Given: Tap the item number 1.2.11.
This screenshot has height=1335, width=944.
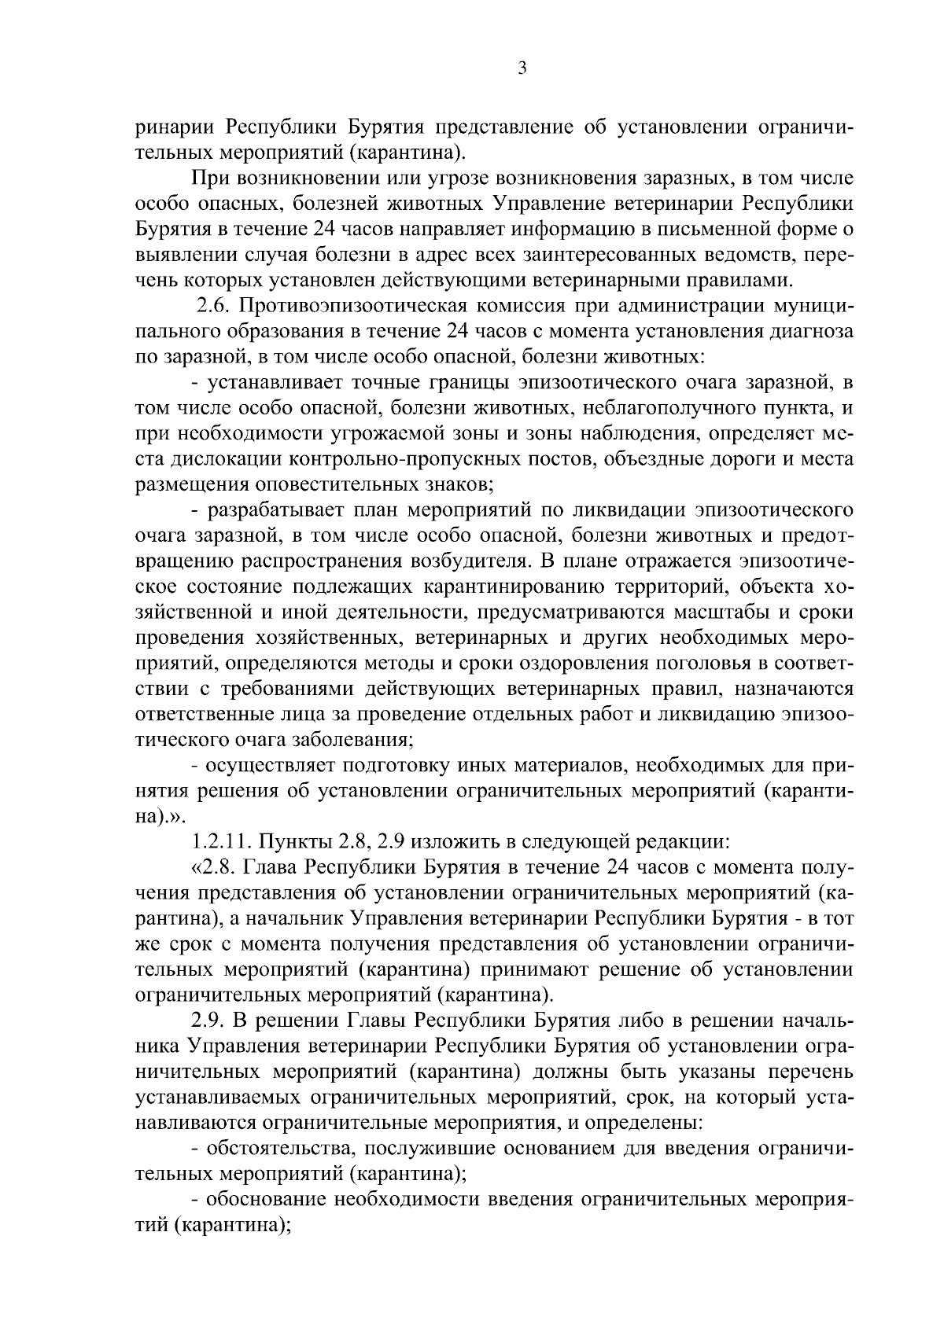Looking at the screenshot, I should (x=221, y=841).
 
